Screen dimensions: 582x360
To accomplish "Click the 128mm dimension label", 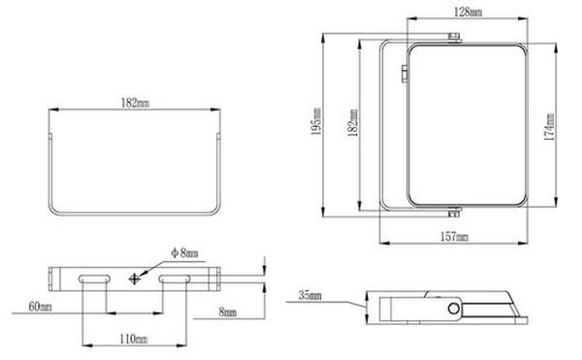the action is click(469, 12).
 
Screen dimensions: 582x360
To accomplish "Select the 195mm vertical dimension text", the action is click(316, 121).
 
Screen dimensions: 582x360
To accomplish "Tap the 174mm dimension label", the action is click(549, 126).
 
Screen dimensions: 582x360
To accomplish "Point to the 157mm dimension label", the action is click(454, 237).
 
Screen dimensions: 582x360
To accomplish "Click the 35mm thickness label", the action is click(310, 295).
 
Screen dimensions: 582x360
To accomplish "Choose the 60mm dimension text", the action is click(40, 307).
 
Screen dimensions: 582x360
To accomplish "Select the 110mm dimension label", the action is click(134, 339).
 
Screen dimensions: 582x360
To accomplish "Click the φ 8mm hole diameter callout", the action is click(184, 253).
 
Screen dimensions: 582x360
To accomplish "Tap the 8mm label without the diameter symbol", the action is click(227, 312).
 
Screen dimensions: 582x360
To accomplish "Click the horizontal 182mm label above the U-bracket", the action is click(135, 103).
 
